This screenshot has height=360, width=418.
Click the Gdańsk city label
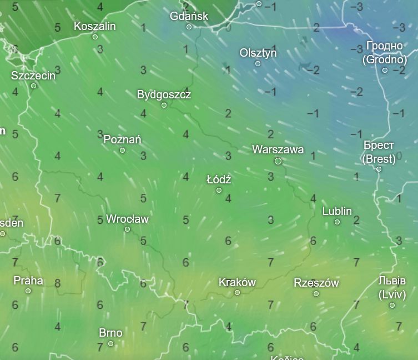point(189,16)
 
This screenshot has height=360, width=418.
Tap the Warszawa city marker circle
point(278,161)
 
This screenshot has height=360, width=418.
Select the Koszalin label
point(95,26)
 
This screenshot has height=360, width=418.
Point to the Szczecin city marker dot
point(33,86)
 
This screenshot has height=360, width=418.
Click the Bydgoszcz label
point(164,94)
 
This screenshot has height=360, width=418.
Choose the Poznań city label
point(122,139)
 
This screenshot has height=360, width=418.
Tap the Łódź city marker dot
point(219,191)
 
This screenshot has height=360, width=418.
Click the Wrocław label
point(127,219)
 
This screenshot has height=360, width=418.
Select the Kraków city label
point(237,282)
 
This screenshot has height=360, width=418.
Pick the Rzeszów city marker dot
point(316,293)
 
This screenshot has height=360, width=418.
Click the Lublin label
point(337,211)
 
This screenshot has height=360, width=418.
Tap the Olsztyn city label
point(258,53)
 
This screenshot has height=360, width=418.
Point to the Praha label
point(28,280)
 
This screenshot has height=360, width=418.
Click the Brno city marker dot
point(110,343)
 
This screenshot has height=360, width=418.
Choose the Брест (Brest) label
point(379,152)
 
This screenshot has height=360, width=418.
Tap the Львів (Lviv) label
point(392,287)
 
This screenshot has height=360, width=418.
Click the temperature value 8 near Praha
point(58,283)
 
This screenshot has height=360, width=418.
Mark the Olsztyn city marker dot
point(258,63)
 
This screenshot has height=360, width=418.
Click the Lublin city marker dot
point(337,222)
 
